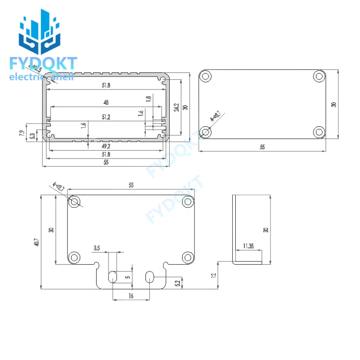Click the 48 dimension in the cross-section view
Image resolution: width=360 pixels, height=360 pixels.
106,103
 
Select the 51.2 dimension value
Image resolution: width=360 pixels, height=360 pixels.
106,117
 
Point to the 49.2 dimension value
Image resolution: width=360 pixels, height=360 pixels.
106,146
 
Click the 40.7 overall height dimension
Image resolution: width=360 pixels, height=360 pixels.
36,242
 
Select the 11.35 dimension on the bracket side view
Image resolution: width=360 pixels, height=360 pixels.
248,246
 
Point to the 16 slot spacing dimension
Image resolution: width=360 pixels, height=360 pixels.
131,296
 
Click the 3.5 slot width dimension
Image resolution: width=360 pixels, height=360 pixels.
97,248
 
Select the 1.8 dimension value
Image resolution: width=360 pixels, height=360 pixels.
148,99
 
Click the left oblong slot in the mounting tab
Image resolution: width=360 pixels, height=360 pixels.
113,277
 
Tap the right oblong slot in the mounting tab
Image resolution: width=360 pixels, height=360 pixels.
149,277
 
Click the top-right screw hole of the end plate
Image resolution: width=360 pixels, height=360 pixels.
319,76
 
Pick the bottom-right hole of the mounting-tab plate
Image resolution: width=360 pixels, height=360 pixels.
188,257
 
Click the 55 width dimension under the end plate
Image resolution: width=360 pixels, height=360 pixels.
262,147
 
